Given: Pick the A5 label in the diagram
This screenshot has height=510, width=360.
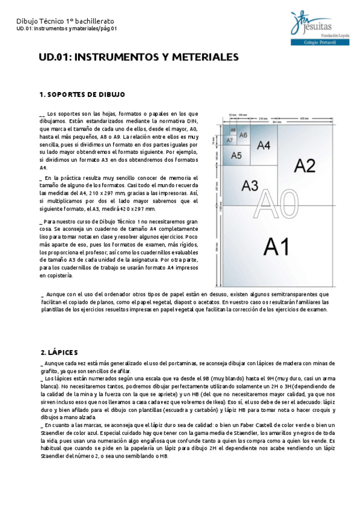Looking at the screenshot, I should point(236,156).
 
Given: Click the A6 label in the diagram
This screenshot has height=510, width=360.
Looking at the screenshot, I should point(243,135).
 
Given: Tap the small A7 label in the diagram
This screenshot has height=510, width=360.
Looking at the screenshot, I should point(230,140).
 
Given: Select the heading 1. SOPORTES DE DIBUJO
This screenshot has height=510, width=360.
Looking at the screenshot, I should point(82,94).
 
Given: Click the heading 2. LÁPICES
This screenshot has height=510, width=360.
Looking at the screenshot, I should point(61,352).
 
